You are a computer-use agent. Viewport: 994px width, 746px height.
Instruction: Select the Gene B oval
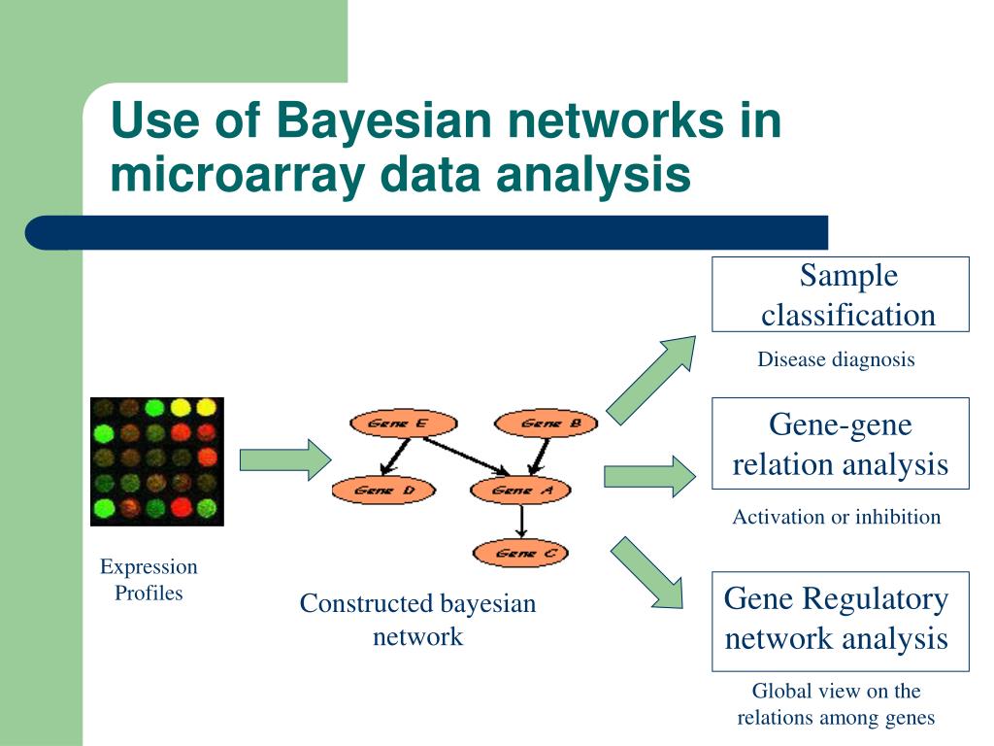tap(538, 424)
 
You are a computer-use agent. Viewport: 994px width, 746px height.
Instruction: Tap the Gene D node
tap(373, 491)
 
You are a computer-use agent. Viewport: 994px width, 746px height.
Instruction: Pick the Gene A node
tap(520, 491)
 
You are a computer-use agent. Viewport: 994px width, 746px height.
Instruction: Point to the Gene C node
tap(520, 554)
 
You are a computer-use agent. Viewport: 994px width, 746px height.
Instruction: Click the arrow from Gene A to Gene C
tap(521, 523)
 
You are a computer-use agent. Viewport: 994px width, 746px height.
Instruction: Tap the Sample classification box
tap(841, 294)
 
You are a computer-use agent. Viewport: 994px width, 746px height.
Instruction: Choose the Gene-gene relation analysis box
tap(841, 443)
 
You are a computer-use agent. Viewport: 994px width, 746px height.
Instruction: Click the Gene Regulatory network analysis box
tap(841, 620)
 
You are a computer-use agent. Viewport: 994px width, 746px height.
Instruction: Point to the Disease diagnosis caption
tap(836, 360)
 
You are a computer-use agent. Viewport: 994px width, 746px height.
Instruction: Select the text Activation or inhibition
tap(836, 517)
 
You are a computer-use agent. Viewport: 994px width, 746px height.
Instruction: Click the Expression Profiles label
tap(149, 580)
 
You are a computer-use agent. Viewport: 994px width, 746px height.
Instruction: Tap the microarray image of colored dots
tap(157, 461)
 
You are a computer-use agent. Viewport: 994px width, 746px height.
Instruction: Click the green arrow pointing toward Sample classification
tap(651, 374)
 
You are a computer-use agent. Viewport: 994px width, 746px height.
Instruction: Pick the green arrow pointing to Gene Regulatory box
tap(647, 573)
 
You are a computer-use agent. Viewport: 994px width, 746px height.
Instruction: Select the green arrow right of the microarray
tap(284, 459)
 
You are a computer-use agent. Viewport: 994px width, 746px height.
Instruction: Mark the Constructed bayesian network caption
tap(417, 620)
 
